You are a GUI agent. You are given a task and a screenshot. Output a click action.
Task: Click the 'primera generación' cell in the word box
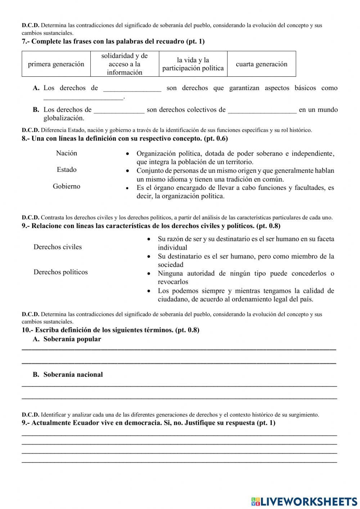[56, 64]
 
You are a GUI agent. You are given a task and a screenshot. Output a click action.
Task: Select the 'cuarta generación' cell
[261, 64]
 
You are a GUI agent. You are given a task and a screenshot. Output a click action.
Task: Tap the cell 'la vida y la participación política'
[193, 64]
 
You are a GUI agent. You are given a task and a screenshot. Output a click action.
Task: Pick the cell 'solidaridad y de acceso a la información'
[125, 64]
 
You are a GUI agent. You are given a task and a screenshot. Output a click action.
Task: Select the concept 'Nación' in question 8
[67, 153]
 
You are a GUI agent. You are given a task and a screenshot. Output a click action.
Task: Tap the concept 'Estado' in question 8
[67, 170]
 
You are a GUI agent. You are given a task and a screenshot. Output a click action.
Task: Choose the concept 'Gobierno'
[67, 186]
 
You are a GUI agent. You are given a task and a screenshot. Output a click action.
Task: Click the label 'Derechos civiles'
[58, 247]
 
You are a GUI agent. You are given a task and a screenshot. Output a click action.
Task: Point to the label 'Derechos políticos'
[60, 272]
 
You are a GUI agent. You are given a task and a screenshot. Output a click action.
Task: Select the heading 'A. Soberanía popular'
[67, 339]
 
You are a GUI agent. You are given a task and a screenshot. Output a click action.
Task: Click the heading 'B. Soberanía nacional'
[68, 375]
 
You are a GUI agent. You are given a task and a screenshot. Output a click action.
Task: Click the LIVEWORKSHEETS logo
[304, 501]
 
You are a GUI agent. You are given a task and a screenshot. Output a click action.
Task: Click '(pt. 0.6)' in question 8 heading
[216, 139]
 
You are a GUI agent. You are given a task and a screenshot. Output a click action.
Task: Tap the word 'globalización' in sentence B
[64, 118]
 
